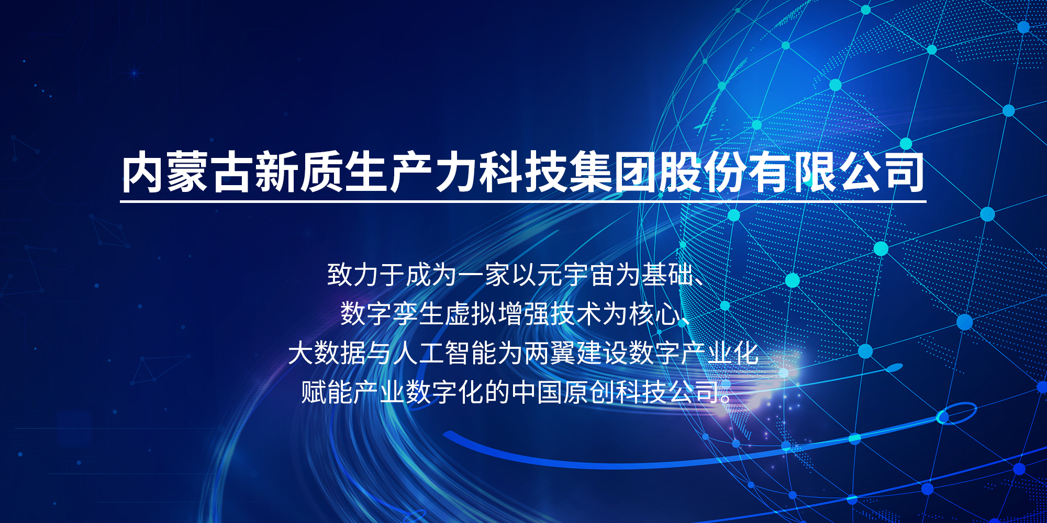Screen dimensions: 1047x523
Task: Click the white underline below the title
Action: [523, 200]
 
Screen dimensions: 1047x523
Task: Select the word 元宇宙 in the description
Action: [576, 275]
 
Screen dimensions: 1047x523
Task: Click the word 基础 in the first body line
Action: [668, 275]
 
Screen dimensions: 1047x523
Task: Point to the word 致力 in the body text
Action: [353, 275]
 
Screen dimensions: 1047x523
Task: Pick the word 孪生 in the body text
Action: [418, 314]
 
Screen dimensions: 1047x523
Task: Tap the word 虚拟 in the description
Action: [471, 314]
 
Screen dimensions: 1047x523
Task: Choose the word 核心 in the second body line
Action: [654, 314]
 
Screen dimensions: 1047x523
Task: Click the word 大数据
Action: [327, 353]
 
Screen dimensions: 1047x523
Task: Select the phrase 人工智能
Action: [445, 353]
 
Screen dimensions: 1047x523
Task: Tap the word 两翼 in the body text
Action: [550, 353]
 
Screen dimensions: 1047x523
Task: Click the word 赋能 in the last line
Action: [327, 392]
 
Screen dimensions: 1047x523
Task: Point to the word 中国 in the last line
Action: [537, 392]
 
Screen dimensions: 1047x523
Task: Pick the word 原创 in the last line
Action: [589, 392]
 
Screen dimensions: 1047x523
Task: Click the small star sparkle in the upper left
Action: [134, 73]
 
